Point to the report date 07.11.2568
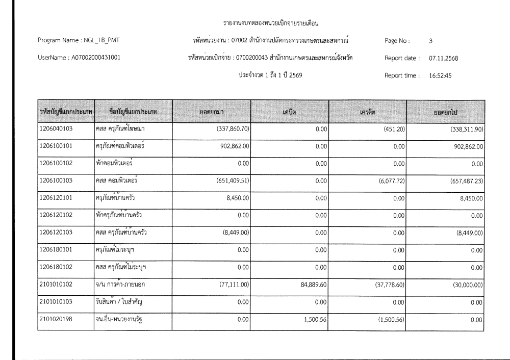(443, 58)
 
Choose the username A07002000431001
(96, 58)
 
